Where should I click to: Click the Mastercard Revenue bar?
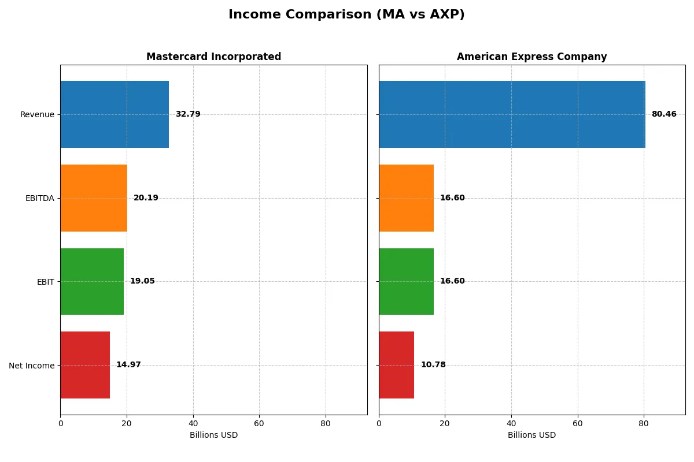coord(115,114)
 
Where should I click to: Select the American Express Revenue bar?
coord(512,114)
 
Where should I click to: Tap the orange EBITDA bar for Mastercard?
coord(94,198)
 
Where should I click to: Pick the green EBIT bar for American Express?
coord(406,281)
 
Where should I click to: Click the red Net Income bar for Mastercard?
coord(85,365)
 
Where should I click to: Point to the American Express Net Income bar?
coord(397,365)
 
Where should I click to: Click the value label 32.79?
coord(188,114)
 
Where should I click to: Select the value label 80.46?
coord(664,114)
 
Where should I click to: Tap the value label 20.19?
coord(146,198)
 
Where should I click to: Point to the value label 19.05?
coord(142,281)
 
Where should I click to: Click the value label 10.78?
coord(433,365)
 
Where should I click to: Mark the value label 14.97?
coord(128,365)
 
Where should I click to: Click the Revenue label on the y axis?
coord(37,114)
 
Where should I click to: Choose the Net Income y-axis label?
coord(32,366)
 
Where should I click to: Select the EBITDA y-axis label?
coord(40,198)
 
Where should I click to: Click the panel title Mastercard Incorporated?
coord(213,57)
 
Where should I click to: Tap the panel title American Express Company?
coord(531,57)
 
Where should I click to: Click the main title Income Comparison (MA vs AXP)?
coord(346,15)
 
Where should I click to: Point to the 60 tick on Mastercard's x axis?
coord(259,423)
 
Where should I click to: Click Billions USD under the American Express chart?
coord(531,435)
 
